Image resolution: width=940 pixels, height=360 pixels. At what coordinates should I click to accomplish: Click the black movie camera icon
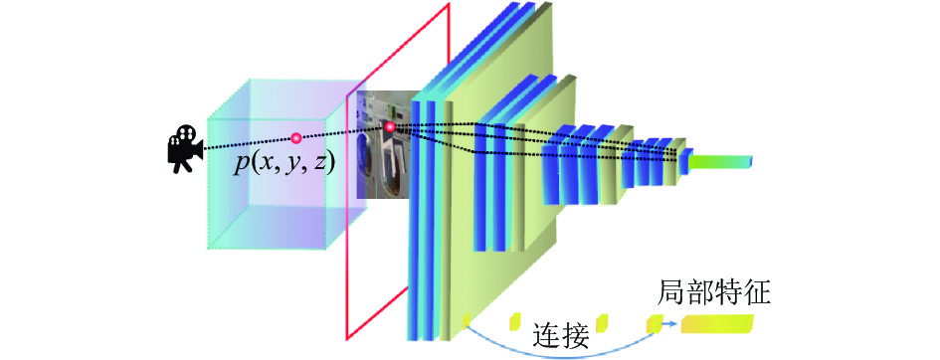(x=184, y=148)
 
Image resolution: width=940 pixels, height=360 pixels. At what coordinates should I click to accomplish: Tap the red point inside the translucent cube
(x=295, y=138)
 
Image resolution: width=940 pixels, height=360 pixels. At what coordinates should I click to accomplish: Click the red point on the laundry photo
(x=390, y=126)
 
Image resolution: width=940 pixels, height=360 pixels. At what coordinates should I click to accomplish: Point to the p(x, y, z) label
(x=282, y=163)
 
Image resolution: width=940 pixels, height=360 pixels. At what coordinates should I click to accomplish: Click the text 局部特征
(x=713, y=294)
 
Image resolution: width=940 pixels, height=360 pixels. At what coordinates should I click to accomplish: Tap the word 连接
(x=561, y=336)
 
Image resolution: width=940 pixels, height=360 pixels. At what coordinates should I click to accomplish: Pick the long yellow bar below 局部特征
(x=716, y=324)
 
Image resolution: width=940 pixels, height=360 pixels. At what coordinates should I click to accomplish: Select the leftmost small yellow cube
(x=467, y=320)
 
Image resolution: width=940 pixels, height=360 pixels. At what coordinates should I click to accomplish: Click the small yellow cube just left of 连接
(x=515, y=321)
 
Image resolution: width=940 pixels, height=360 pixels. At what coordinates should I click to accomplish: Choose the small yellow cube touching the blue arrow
(x=655, y=323)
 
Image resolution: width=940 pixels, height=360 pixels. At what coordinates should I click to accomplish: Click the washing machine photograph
(x=384, y=145)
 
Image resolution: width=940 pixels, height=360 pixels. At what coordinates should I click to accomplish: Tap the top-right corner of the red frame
(x=449, y=4)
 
